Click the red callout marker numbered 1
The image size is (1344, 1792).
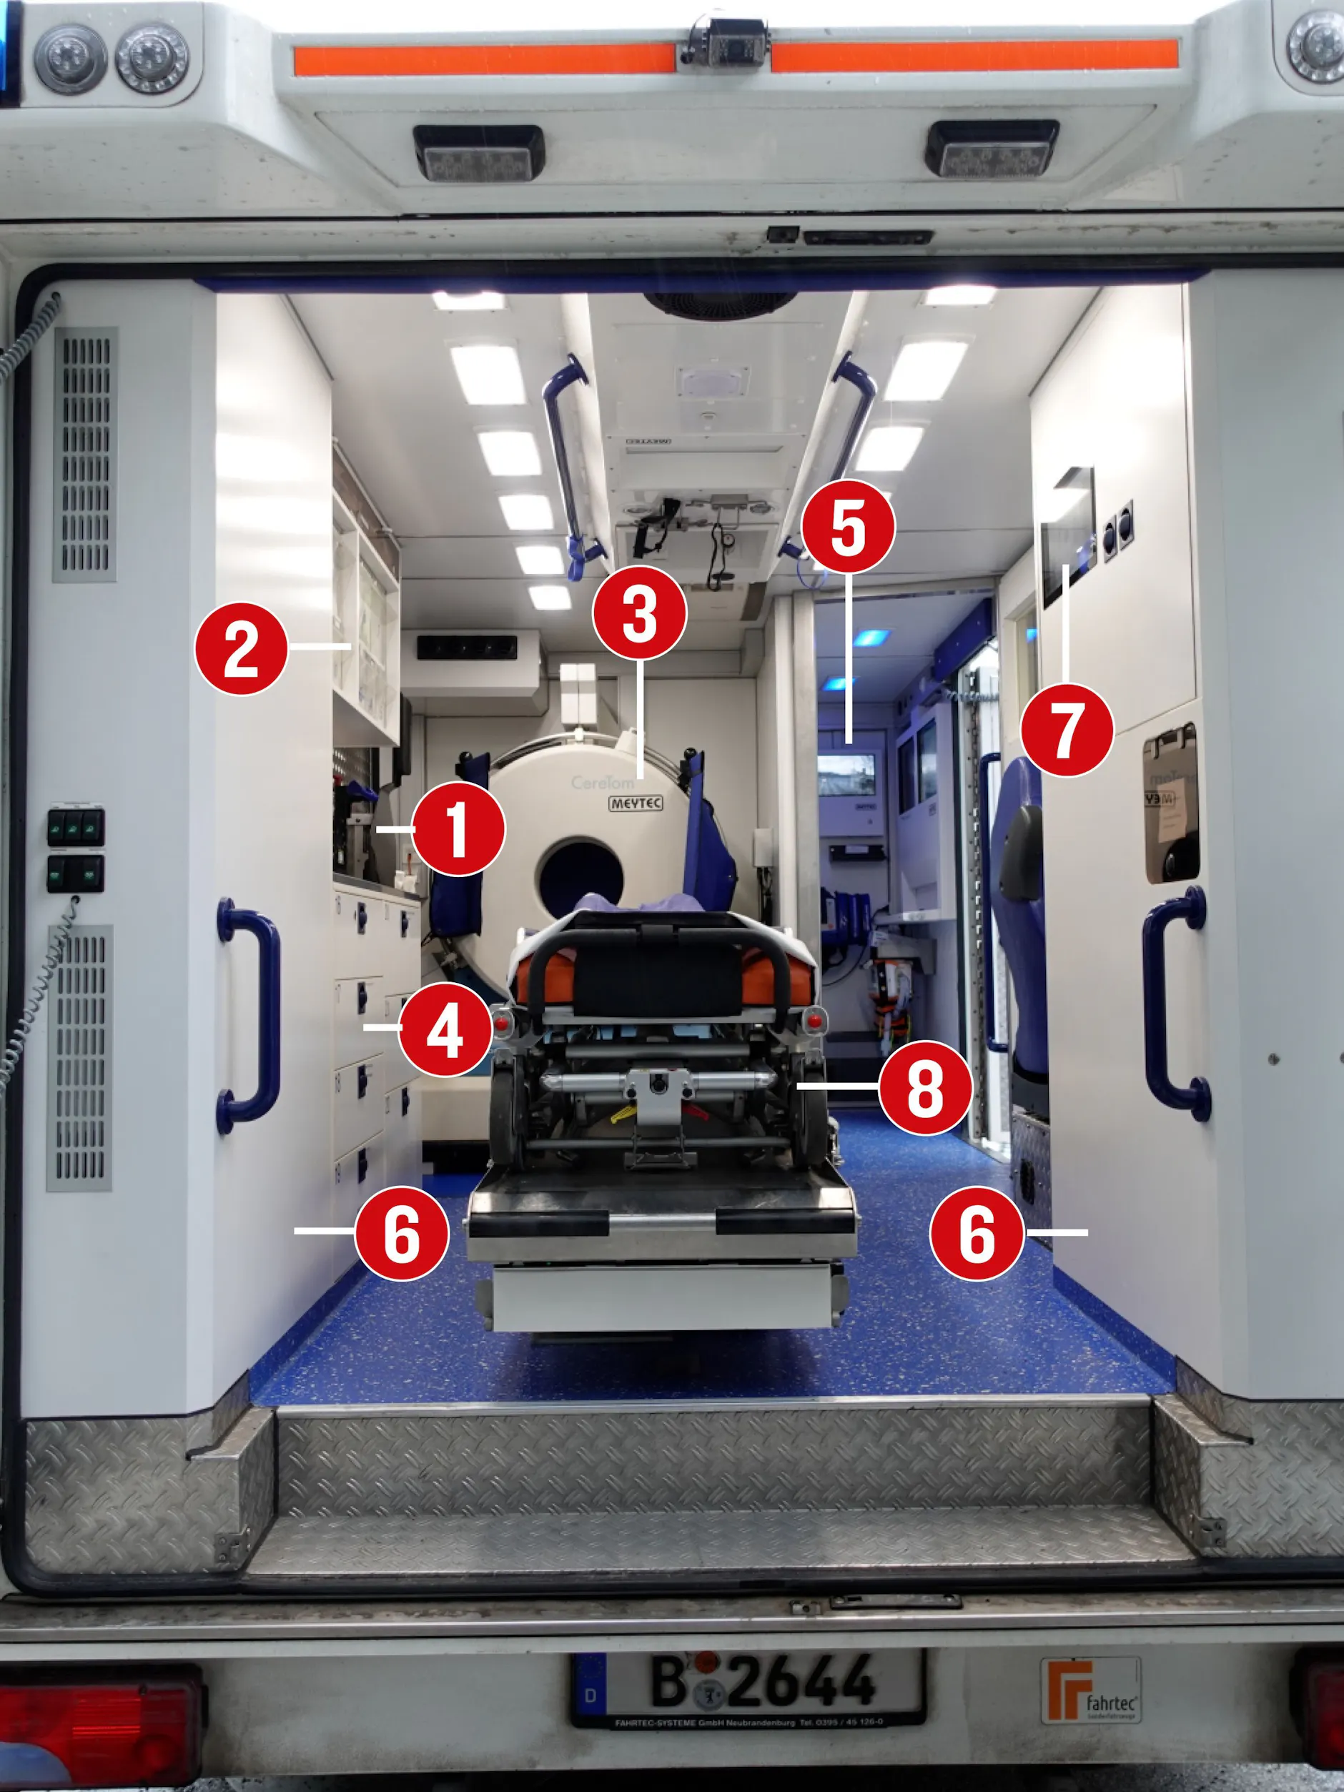pyautogui.click(x=458, y=828)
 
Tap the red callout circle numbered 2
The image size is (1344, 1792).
pyautogui.click(x=241, y=648)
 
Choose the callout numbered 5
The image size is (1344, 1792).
pyautogui.click(x=847, y=526)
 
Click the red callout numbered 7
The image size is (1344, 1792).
pyautogui.click(x=1066, y=729)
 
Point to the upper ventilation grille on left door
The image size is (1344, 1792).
pyautogui.click(x=85, y=454)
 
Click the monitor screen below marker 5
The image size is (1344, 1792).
pyautogui.click(x=846, y=774)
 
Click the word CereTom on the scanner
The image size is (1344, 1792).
pyautogui.click(x=602, y=783)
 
